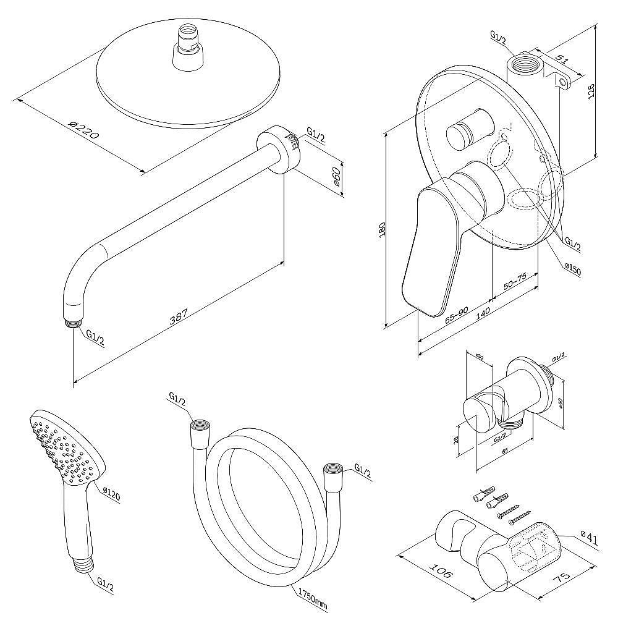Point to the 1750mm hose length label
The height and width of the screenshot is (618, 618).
coord(313,596)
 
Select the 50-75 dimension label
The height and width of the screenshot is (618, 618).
coord(515,284)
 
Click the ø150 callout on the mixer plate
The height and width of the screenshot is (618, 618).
coord(572,269)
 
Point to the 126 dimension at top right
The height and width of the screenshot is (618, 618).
coord(591,91)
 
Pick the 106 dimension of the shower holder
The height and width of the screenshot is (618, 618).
coord(439,574)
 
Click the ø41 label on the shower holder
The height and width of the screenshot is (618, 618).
coord(590,539)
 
